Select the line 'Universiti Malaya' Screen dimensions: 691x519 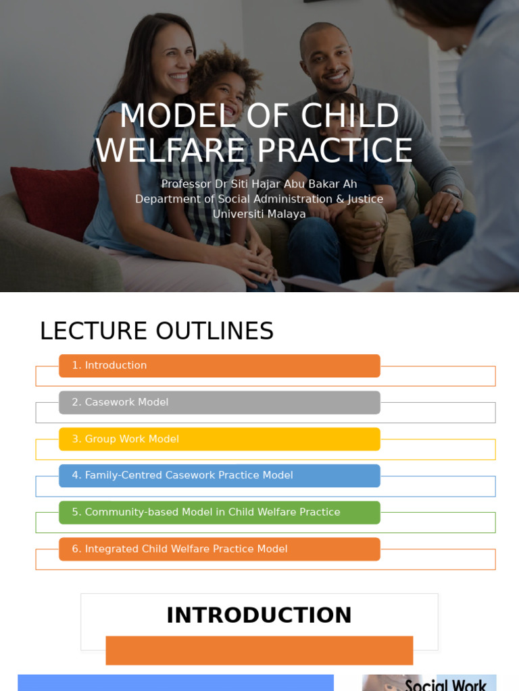[259, 214]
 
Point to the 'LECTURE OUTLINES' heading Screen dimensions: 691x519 [156, 331]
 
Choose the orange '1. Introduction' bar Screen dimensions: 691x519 [219, 366]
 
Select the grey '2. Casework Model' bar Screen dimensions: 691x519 [219, 402]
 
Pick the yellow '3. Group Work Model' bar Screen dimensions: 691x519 [219, 439]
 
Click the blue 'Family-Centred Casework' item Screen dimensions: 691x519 [219, 476]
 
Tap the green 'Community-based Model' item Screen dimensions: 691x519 [219, 512]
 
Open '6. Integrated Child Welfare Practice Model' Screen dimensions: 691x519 [219, 549]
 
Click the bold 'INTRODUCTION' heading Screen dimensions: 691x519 [259, 615]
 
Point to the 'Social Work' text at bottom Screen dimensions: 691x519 [445, 685]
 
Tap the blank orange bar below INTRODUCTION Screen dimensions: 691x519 [259, 651]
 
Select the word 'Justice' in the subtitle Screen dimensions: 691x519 [365, 199]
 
